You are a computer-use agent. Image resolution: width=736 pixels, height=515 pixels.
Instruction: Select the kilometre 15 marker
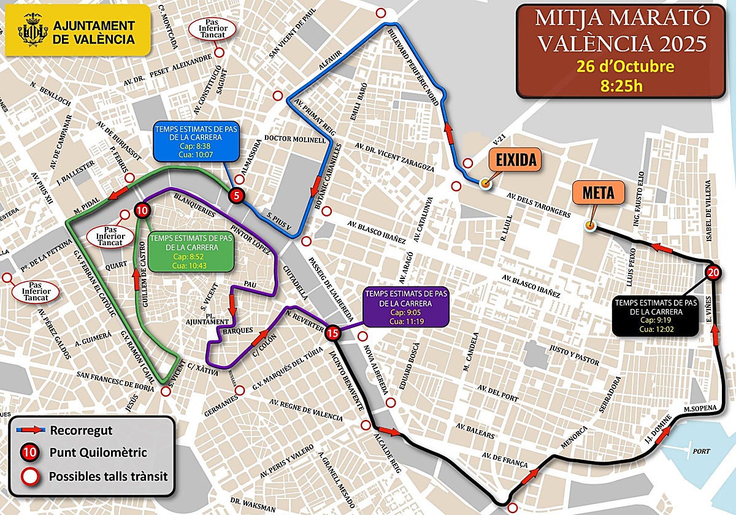click(x=332, y=334)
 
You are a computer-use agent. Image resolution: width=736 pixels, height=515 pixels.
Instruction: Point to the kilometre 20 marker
click(x=713, y=273)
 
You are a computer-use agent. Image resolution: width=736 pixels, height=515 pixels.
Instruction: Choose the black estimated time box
click(x=656, y=315)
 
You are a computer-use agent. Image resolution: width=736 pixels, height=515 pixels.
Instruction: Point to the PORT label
click(x=700, y=451)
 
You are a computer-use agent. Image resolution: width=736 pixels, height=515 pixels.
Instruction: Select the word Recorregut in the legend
click(x=82, y=430)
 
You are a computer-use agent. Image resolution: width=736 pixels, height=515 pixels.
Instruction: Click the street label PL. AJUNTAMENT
click(x=209, y=321)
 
